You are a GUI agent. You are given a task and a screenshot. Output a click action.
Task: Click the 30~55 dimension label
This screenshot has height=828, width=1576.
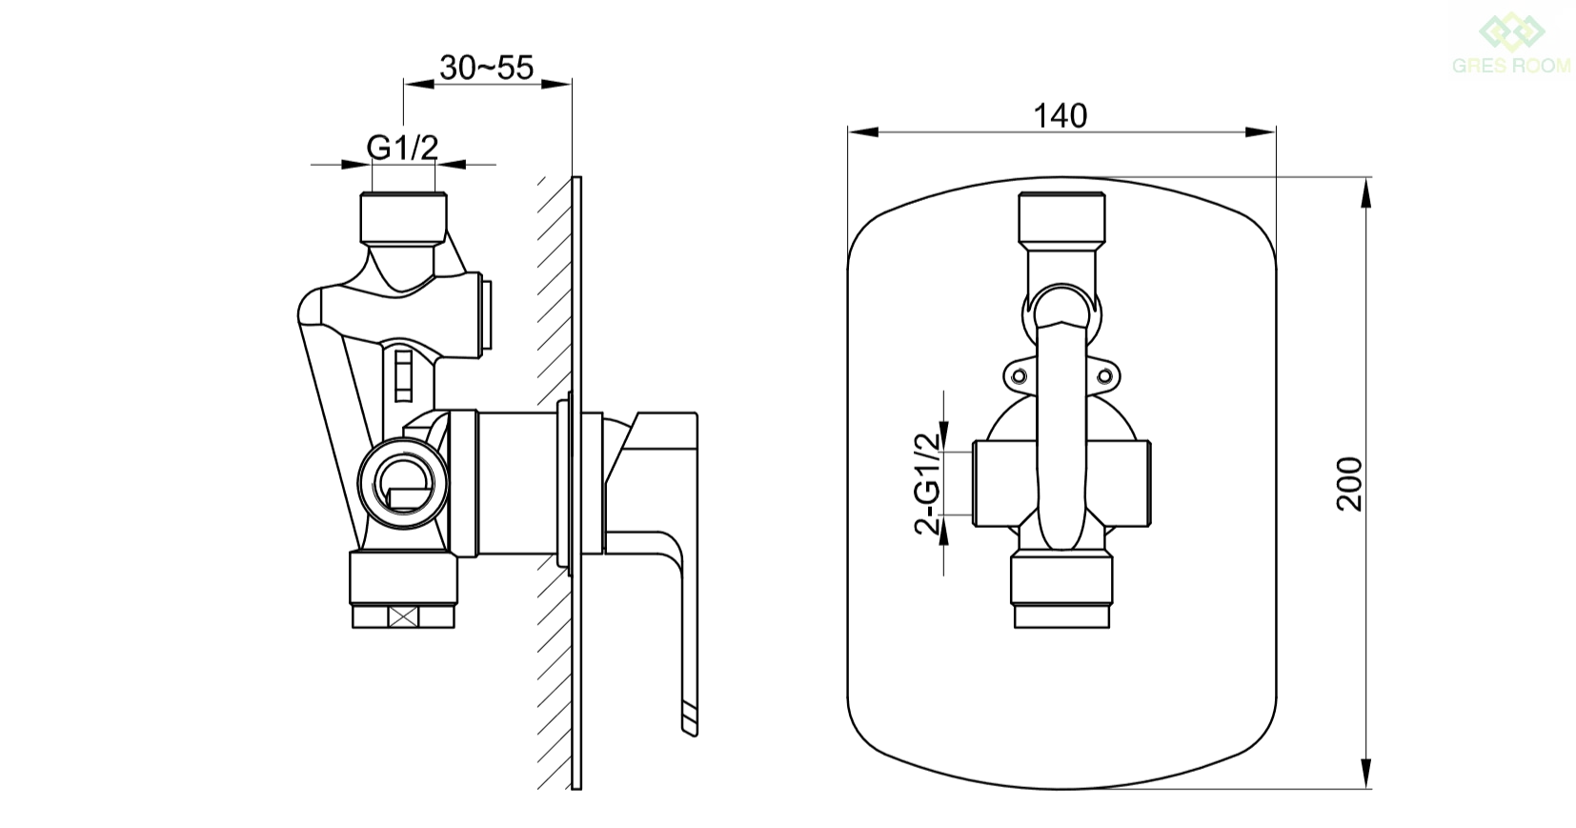[x=487, y=68]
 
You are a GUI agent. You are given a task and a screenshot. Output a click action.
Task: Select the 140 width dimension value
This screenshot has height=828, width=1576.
[x=1061, y=116]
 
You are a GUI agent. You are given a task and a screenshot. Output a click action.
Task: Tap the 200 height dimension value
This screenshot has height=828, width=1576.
[x=1349, y=484]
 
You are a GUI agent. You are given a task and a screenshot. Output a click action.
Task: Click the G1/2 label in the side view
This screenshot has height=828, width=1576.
[x=402, y=148]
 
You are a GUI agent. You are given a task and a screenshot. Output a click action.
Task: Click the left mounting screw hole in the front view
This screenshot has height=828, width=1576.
[x=1018, y=376]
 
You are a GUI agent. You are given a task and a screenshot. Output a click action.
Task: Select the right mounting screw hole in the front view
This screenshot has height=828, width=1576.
[x=1104, y=376]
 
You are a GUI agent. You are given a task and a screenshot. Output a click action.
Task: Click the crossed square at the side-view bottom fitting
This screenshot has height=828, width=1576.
[x=403, y=617]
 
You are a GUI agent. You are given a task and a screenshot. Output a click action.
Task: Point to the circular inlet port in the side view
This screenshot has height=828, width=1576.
[x=402, y=483]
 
